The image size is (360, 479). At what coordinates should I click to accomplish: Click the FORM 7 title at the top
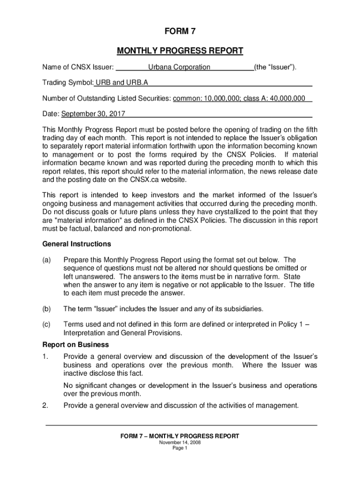180,32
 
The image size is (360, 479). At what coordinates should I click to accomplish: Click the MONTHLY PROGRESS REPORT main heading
180,51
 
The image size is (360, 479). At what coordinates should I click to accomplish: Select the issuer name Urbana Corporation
179,67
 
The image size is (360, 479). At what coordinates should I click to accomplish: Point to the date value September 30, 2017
93,114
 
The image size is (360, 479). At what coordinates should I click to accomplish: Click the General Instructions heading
77,244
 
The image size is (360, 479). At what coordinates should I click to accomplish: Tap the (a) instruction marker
47,260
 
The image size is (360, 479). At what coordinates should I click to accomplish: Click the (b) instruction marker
47,309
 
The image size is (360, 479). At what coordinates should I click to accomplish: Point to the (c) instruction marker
47,324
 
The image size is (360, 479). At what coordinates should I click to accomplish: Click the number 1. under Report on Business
45,356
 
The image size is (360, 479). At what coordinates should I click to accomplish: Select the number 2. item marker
45,406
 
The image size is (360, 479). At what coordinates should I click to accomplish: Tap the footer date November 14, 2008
180,443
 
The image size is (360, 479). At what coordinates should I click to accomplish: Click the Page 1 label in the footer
180,448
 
